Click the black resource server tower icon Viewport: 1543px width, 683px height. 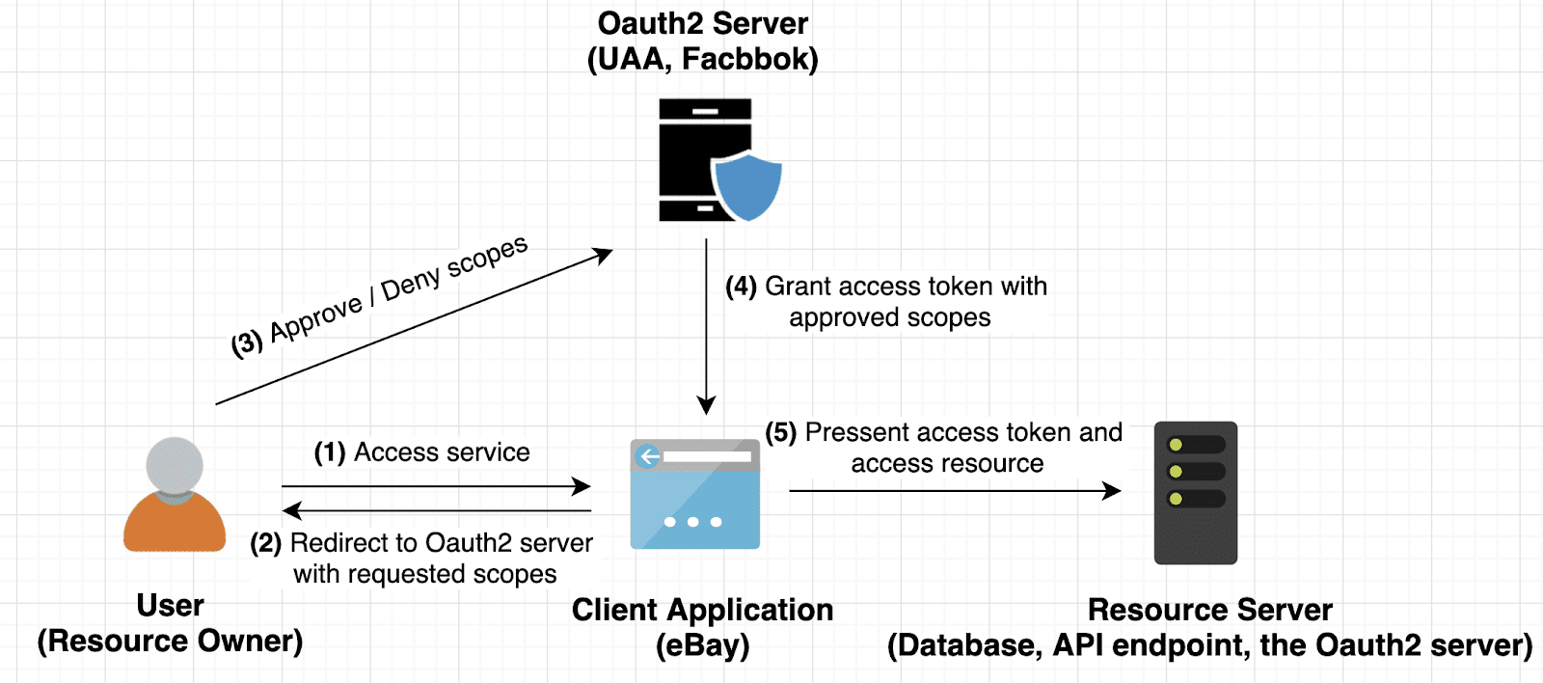(1196, 492)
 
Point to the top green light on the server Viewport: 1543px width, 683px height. (1176, 445)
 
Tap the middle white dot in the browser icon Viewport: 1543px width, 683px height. (692, 522)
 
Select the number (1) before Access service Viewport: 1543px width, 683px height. (330, 452)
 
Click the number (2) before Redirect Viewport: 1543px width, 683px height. (266, 543)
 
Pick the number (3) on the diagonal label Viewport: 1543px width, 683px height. (247, 342)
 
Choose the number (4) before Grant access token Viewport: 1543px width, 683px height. (742, 287)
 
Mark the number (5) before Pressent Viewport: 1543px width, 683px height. (781, 432)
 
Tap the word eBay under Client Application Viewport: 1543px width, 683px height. (702, 645)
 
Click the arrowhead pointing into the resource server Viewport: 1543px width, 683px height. (1112, 491)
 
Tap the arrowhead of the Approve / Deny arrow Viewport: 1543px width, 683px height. (603, 255)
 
